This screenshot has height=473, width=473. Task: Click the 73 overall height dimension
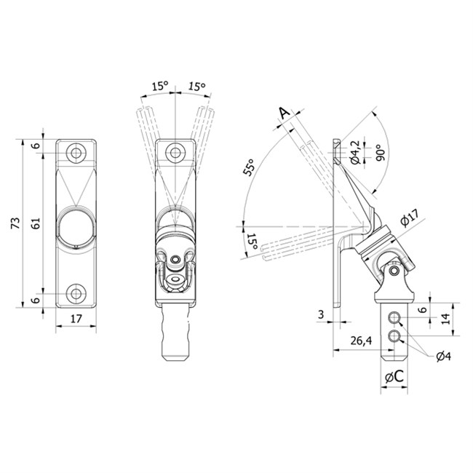16,223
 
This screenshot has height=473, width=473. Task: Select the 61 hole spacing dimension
36,223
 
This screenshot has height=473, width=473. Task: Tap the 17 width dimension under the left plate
76,319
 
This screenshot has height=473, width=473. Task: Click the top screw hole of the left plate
76,153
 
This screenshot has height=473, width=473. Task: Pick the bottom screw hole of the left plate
76,293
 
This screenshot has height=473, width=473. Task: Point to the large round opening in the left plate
76,226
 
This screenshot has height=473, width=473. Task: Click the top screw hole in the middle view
175,153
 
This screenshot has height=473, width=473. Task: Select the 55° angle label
250,167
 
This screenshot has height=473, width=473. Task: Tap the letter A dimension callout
284,113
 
